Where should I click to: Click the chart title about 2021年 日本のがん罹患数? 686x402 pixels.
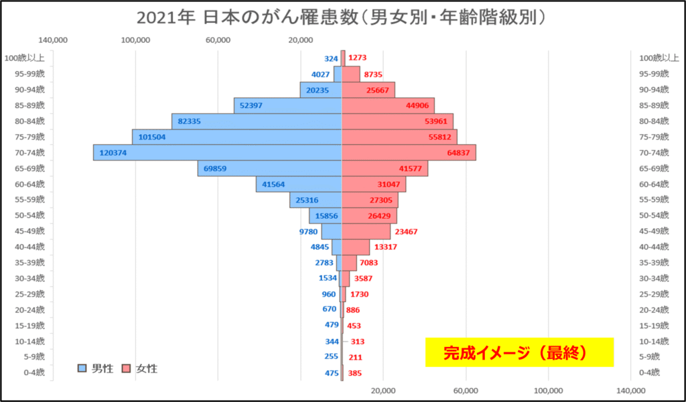342,17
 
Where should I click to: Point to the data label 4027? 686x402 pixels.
320,74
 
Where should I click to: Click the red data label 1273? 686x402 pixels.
358,58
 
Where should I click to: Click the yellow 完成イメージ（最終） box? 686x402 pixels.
519,352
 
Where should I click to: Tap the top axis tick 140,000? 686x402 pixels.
54,40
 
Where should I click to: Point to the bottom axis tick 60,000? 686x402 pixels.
466,391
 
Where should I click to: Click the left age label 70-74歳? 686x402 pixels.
31,152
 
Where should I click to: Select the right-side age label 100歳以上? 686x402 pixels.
654,58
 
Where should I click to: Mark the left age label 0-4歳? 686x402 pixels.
33,372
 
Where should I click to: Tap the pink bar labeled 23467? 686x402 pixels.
366,232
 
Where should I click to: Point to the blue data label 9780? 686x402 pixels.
307,232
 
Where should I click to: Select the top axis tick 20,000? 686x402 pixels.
300,40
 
